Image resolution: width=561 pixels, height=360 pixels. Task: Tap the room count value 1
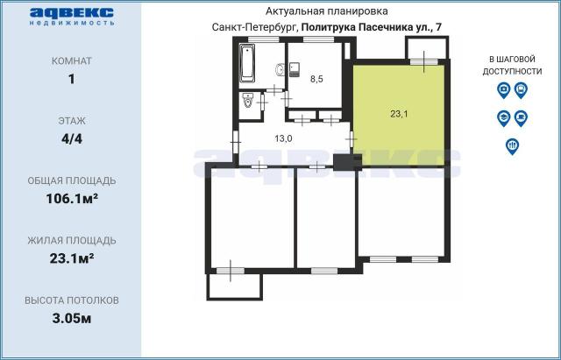[71, 79]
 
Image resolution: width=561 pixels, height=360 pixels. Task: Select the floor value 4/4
[71, 138]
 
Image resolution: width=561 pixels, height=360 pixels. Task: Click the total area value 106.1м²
[71, 198]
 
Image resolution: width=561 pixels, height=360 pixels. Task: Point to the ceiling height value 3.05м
[71, 317]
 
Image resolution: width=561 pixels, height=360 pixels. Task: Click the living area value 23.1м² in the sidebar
[71, 258]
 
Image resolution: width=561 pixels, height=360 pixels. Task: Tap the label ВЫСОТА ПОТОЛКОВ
[71, 300]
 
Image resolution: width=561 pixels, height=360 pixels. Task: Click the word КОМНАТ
[71, 61]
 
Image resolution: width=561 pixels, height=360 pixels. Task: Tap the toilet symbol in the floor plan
[248, 101]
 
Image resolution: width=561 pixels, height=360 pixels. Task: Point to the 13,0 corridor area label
[283, 138]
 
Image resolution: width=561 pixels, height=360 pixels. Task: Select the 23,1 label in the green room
[400, 113]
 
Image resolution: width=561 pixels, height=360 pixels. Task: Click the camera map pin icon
[503, 89]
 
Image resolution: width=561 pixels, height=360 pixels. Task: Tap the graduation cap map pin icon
[503, 116]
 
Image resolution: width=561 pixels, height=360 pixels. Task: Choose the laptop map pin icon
[521, 116]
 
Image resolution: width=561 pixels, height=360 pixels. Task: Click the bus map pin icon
[521, 89]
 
